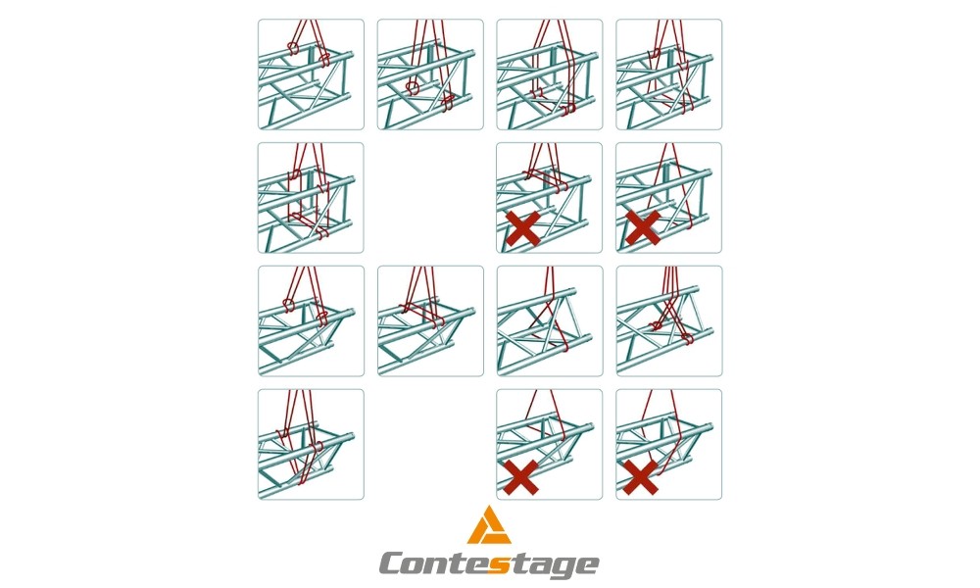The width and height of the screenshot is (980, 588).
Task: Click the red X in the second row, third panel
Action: [x=523, y=228]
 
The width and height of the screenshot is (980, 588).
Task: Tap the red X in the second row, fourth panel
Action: [x=643, y=227]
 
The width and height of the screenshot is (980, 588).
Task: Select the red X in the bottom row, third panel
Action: [x=521, y=477]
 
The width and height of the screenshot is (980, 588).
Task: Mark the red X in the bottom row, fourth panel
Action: [x=641, y=477]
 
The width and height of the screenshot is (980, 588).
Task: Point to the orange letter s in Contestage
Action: [x=498, y=564]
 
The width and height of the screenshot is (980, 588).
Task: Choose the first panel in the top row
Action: [x=311, y=74]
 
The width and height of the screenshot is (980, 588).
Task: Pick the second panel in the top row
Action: [x=430, y=74]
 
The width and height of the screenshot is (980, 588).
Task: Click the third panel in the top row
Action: [x=550, y=74]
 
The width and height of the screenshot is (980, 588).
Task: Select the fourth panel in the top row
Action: [x=668, y=74]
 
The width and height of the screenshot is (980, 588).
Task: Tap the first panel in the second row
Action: [x=311, y=197]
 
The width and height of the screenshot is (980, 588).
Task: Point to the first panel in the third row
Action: [x=311, y=321]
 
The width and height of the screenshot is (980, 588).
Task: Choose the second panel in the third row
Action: [x=430, y=321]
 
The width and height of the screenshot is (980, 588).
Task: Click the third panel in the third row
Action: [x=550, y=321]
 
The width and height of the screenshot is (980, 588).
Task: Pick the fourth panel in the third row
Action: [x=668, y=321]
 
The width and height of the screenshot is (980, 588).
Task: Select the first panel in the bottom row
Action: [x=311, y=444]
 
